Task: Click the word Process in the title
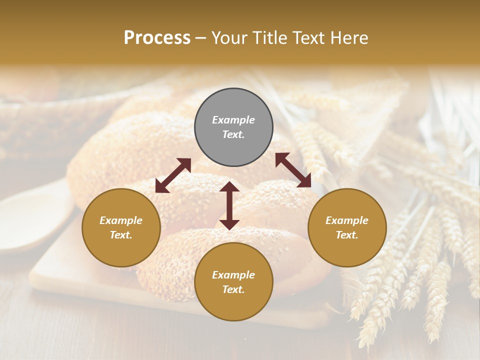coord(157,38)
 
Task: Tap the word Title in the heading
coord(270,38)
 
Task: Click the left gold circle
coord(121,227)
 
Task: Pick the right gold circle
coord(347,227)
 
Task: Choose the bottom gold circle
coord(233,282)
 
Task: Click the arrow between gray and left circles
coord(173,175)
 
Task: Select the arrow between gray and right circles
coord(293,170)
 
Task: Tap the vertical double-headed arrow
coord(229,205)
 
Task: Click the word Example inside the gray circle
coord(233,120)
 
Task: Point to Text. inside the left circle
coord(121,235)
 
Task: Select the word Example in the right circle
coord(347,220)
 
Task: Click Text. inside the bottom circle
coord(233,289)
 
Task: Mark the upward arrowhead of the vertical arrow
coord(229,186)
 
